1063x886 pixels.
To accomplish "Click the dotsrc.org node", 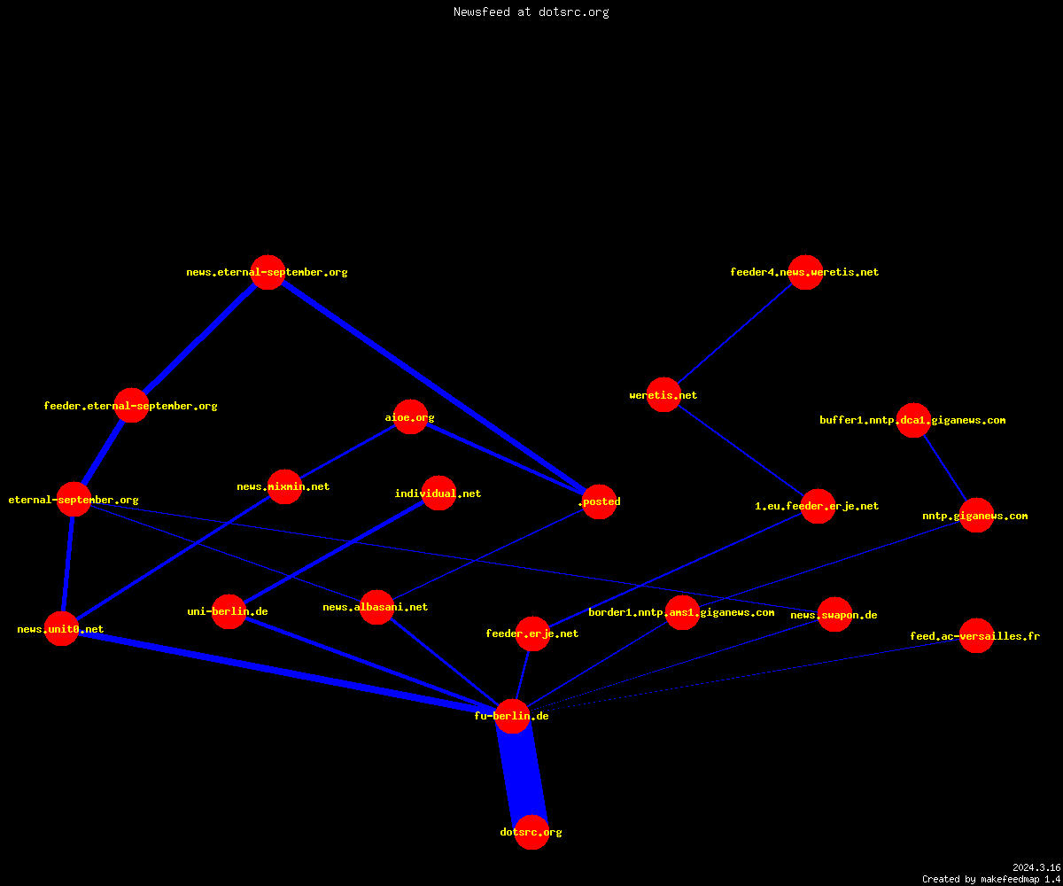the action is tap(531, 832).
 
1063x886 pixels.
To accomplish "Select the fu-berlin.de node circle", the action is tap(512, 716).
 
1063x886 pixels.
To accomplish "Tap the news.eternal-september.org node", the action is tap(268, 272).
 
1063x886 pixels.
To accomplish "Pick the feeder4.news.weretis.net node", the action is tap(805, 272).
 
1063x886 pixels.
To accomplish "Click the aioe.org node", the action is tap(410, 417).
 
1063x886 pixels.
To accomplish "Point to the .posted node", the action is tap(599, 501).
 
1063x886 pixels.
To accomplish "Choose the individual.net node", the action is tap(438, 493).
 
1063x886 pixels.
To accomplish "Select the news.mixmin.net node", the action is tap(284, 486).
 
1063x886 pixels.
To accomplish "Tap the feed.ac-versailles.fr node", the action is tap(976, 635).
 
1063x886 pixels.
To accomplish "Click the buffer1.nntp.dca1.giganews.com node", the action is tap(914, 420).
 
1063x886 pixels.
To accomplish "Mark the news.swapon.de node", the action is tap(835, 614).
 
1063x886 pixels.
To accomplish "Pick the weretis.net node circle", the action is tap(663, 394).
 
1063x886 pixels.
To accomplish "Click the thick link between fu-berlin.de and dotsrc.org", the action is tap(522, 774).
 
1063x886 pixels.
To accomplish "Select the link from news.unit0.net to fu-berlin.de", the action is tap(287, 672).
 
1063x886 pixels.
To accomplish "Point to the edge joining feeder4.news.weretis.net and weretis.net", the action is tap(734, 333).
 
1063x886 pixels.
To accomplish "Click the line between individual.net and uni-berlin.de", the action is tap(334, 552).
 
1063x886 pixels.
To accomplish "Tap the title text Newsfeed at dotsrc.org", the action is tap(531, 12).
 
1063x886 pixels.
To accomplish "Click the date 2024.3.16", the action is tap(1036, 867).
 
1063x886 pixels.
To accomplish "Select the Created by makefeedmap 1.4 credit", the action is tap(991, 880).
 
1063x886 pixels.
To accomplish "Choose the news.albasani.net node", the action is tap(376, 607).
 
